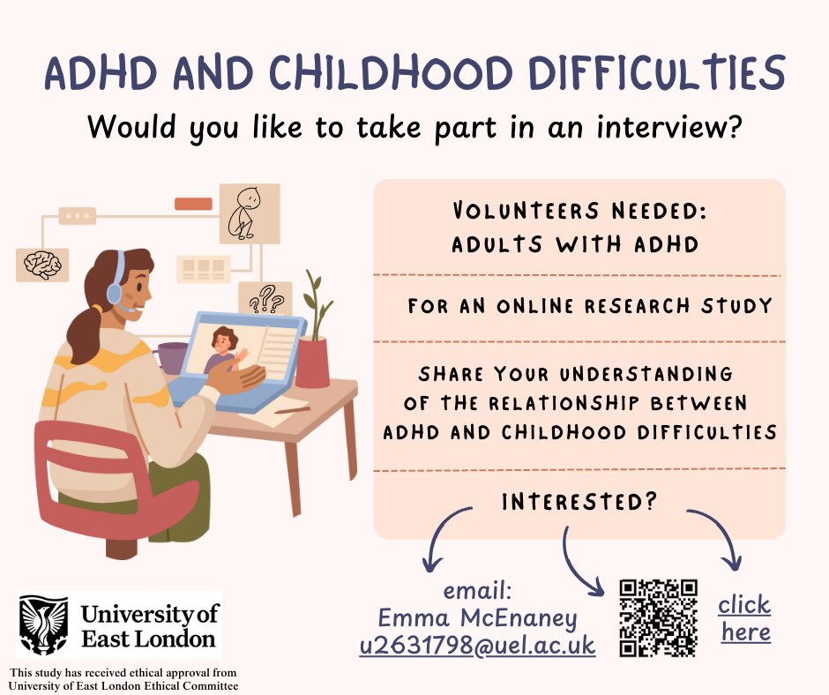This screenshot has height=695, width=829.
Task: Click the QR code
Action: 658,618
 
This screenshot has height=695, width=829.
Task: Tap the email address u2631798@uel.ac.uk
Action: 477,646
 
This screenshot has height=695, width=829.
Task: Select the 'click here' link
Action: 744,618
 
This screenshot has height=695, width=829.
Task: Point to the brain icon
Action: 42,264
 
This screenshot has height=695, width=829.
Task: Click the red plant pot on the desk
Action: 312,362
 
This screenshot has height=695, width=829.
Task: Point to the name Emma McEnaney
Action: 477,617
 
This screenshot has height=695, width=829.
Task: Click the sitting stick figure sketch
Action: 243,213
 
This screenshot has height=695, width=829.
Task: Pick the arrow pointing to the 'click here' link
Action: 716,537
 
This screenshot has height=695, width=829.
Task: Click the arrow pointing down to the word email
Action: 446,537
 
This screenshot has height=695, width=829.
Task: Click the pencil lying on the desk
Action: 291,410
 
